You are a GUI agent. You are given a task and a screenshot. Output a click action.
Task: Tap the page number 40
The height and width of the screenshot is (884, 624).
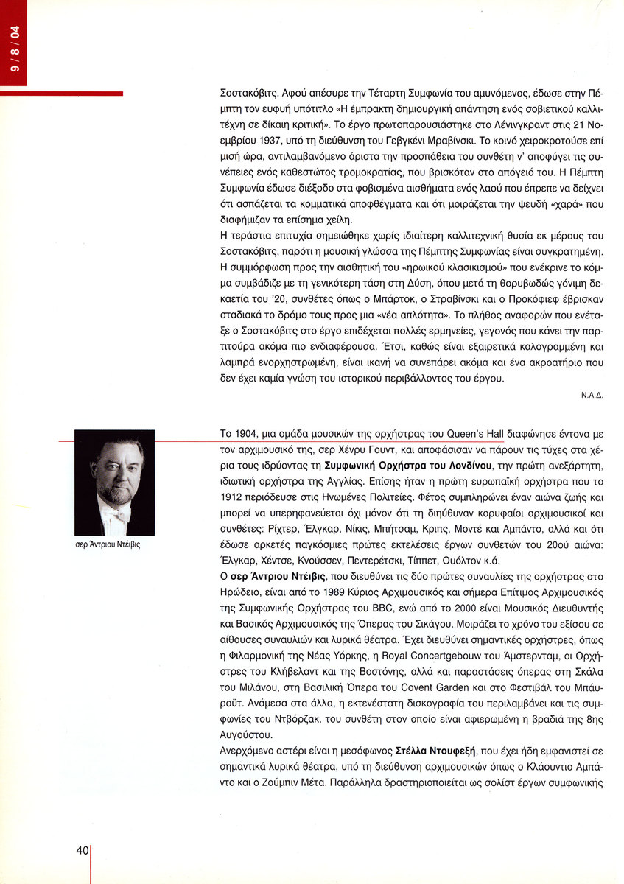coord(81,849)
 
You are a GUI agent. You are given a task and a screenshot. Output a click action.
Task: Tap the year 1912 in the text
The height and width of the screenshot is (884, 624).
coord(234,496)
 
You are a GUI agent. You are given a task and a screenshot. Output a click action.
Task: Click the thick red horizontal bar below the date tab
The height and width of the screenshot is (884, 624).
coord(61,94)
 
